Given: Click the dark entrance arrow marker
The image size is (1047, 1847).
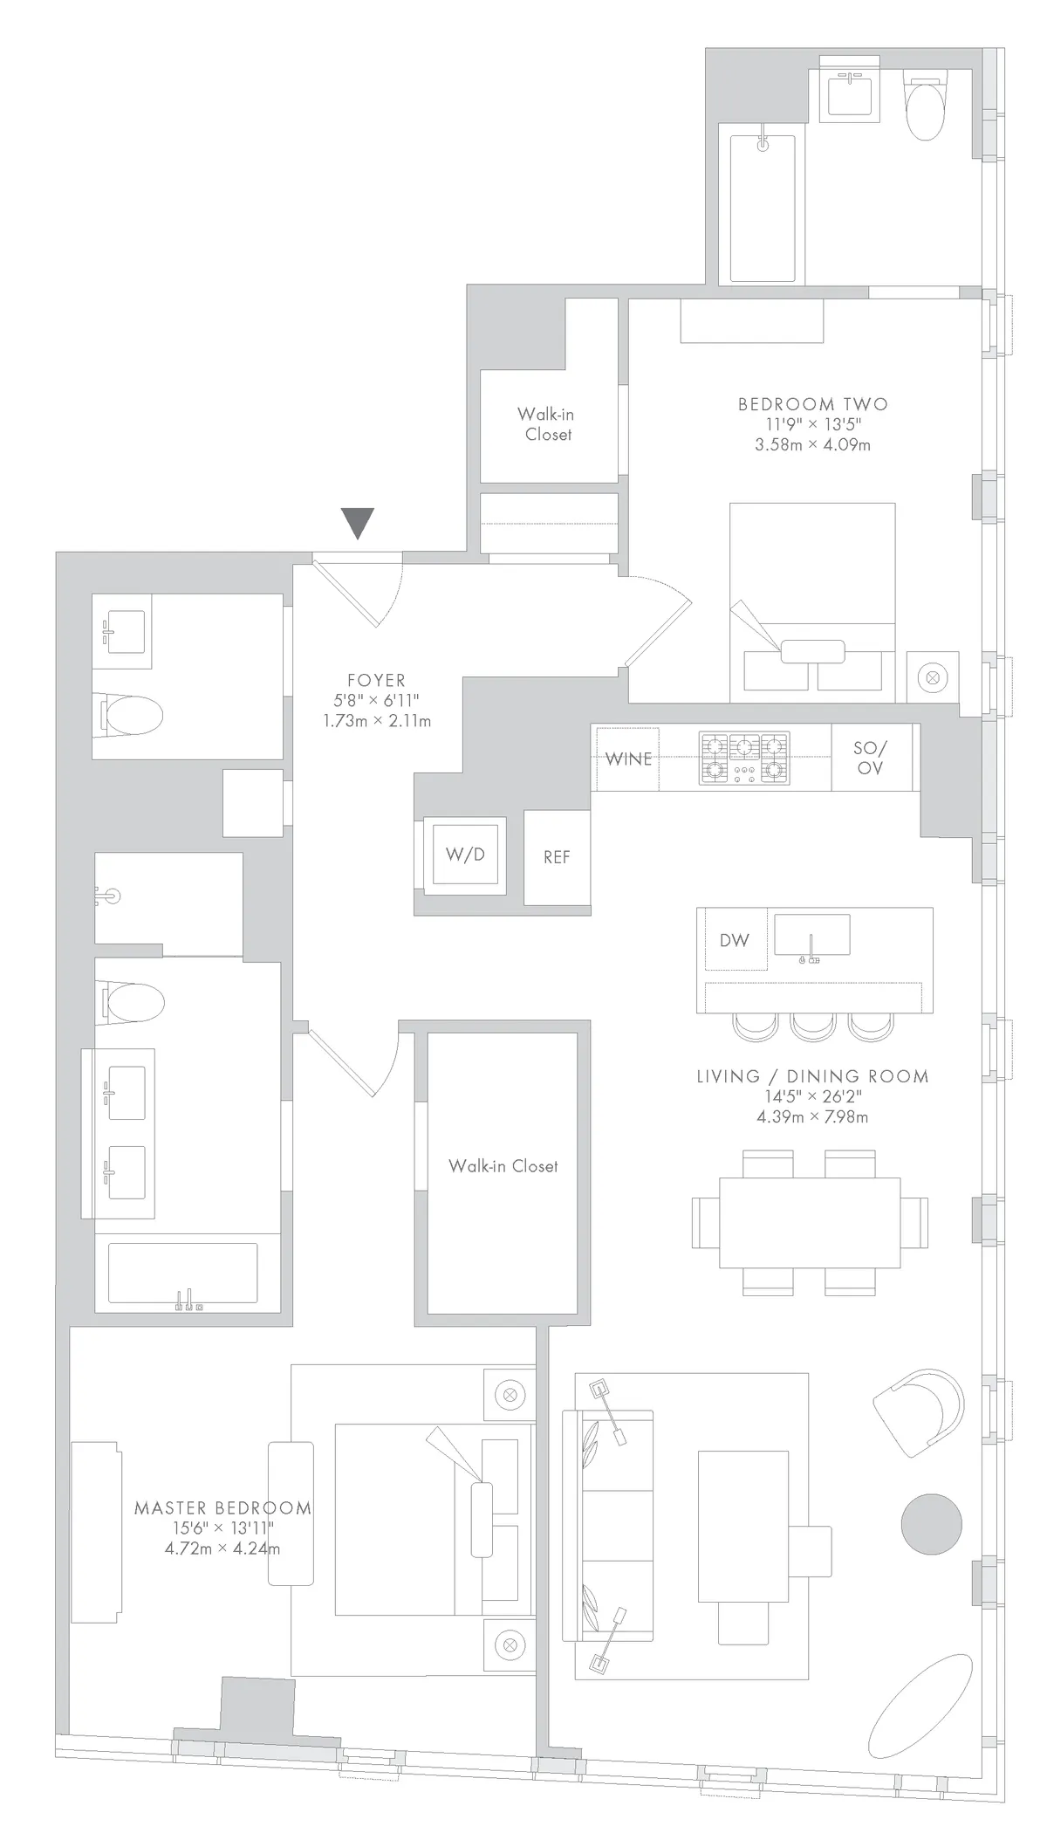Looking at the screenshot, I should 358,522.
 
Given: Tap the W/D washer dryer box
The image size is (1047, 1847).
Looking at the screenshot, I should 464,855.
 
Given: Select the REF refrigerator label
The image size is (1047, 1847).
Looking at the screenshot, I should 557,857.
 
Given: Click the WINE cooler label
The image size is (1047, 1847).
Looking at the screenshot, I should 628,759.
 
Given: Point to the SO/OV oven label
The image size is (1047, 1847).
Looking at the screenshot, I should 870,758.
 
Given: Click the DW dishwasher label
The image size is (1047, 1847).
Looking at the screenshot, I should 735,940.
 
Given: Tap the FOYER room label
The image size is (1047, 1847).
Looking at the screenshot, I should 376,680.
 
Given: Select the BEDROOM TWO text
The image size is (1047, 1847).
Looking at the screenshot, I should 812,404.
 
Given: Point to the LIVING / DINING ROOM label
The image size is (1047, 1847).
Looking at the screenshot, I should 812,1076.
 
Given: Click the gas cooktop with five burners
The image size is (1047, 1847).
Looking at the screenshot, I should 744,758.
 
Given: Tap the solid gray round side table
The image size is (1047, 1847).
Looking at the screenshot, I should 931,1524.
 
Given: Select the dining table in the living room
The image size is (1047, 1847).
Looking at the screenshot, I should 810,1223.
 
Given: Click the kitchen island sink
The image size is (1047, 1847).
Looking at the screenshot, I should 811,936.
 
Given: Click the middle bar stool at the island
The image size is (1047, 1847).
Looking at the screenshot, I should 813,1026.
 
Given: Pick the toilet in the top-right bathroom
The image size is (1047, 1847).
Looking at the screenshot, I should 926,110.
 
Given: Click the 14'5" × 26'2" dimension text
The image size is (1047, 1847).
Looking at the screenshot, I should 812,1096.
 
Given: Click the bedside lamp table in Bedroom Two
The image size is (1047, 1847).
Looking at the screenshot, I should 933,676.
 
